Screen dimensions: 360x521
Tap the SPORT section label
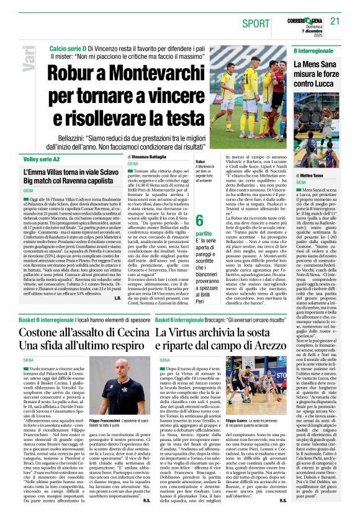pos(256,23)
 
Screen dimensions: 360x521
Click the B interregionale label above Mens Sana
pos(315,49)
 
